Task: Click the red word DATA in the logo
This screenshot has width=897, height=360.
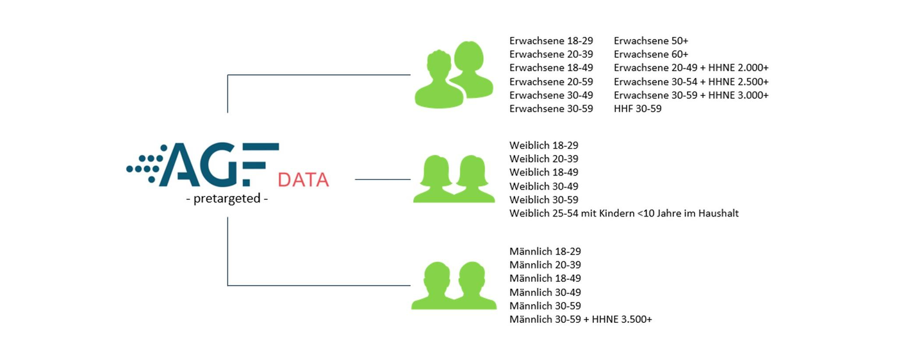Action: point(303,180)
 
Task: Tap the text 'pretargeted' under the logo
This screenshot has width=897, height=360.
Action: point(227,199)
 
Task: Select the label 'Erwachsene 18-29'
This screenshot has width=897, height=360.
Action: point(551,41)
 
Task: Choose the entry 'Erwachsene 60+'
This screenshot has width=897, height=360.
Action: point(651,54)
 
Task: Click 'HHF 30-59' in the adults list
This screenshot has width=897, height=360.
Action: point(638,108)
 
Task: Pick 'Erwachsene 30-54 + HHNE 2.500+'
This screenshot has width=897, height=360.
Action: point(691,82)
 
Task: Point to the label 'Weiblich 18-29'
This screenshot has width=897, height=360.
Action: point(544,145)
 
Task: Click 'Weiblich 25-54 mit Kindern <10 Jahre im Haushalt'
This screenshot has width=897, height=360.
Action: point(624,213)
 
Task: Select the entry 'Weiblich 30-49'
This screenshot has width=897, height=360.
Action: point(544,186)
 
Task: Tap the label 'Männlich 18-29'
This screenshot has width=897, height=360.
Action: point(545,252)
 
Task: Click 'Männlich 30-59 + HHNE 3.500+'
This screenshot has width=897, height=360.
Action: point(580,320)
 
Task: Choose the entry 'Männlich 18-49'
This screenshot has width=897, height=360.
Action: point(545,278)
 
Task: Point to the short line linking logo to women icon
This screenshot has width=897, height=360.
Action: point(383,179)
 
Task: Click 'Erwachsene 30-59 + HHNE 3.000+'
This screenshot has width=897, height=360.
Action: point(691,95)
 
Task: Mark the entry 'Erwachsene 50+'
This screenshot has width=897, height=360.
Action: point(651,41)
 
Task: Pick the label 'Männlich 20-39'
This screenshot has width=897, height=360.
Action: point(545,265)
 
